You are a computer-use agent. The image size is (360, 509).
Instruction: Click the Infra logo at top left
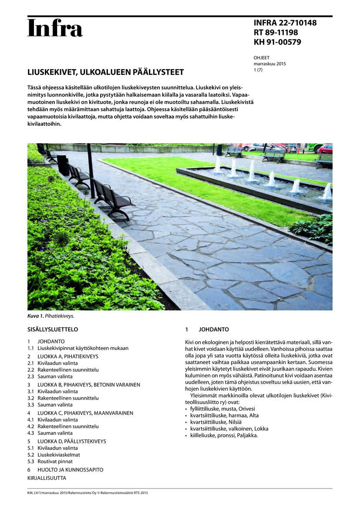pyautogui.click(x=55, y=28)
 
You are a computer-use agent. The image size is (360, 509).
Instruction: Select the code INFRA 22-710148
pyautogui.click(x=285, y=23)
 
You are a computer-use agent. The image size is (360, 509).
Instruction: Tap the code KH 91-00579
pyautogui.click(x=277, y=42)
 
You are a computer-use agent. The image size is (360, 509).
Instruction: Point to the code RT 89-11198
pyautogui.click(x=276, y=33)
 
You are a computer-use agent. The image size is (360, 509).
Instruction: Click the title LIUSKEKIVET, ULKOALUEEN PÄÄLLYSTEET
pyautogui.click(x=106, y=72)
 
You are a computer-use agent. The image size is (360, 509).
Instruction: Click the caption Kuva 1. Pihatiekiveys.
pyautogui.click(x=50, y=316)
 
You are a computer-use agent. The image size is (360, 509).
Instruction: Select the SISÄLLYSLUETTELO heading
pyautogui.click(x=53, y=330)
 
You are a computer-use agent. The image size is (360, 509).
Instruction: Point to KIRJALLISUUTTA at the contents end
pyautogui.click(x=47, y=478)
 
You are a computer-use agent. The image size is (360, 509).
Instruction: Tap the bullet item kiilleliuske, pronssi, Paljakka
pyautogui.click(x=224, y=435)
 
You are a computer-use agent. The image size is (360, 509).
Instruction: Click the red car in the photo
pyautogui.click(x=325, y=148)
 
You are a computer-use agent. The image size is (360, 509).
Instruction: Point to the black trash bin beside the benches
pyautogui.click(x=63, y=165)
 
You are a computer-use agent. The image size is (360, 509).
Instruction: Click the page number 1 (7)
pyautogui.click(x=258, y=70)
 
